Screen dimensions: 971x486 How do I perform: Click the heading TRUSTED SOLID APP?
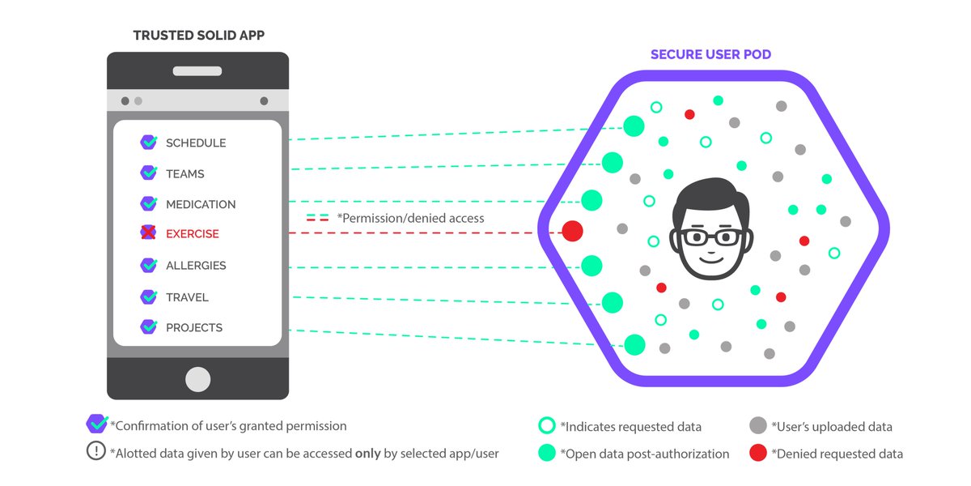point(197,36)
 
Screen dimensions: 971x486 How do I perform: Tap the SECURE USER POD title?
point(712,55)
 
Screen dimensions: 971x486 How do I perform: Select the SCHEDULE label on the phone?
point(196,143)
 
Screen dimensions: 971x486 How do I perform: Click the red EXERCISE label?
point(193,234)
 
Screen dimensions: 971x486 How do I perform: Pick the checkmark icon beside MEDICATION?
point(149,203)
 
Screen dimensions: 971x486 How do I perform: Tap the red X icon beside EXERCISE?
point(149,233)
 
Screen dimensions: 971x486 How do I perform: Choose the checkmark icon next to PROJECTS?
point(149,326)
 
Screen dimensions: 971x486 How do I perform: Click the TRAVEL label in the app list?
point(187,297)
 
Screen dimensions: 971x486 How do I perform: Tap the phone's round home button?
point(197,379)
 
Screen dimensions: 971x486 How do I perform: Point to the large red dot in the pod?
point(573,231)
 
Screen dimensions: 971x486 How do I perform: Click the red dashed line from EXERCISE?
point(421,233)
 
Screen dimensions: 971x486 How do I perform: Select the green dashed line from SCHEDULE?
point(453,135)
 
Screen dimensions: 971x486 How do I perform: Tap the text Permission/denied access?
point(410,218)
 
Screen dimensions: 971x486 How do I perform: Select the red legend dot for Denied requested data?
point(758,453)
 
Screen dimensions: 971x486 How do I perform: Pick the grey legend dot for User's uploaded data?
point(758,426)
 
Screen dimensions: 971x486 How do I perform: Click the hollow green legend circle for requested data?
point(547,426)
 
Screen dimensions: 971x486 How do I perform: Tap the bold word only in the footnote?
point(369,454)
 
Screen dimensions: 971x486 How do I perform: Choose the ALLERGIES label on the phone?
point(196,266)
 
